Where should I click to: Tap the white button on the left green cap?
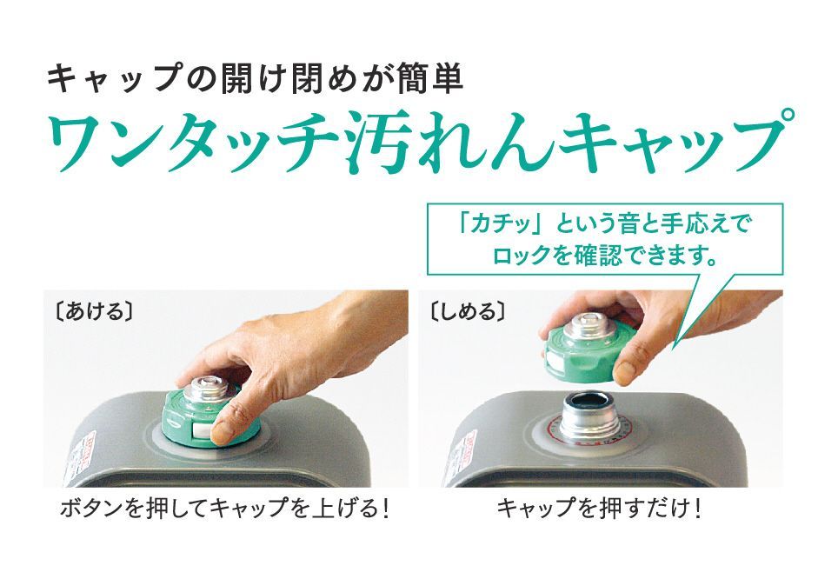(x=203, y=430)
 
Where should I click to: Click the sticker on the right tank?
(x=462, y=459)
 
